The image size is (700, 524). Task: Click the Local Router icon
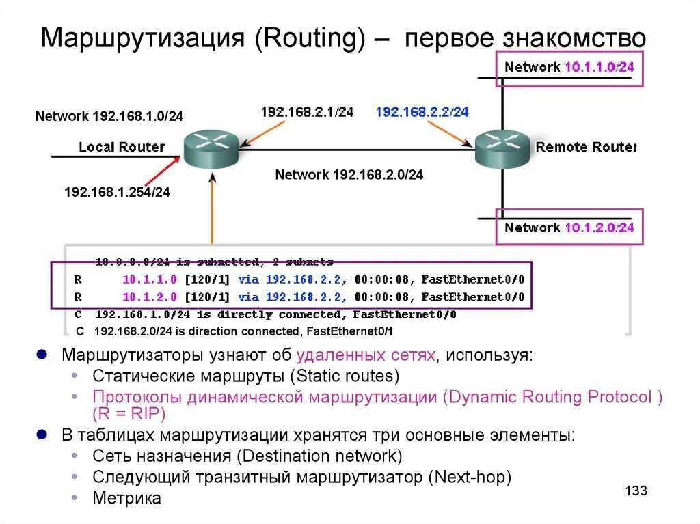(210, 148)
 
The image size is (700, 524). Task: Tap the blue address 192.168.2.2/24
(422, 111)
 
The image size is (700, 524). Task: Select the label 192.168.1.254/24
(117, 193)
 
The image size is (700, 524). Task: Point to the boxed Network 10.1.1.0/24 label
(569, 67)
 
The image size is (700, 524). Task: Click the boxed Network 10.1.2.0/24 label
(569, 227)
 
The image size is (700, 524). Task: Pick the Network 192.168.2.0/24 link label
(349, 174)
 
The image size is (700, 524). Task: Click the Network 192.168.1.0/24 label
(109, 116)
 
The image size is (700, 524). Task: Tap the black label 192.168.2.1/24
(307, 111)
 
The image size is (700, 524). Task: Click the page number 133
(636, 491)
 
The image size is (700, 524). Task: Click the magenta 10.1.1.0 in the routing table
(150, 279)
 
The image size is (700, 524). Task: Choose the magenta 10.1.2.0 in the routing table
(150, 297)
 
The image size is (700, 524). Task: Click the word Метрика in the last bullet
(126, 498)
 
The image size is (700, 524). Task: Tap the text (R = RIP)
(129, 414)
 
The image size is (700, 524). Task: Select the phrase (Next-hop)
(470, 477)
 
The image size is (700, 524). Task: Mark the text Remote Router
(586, 147)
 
